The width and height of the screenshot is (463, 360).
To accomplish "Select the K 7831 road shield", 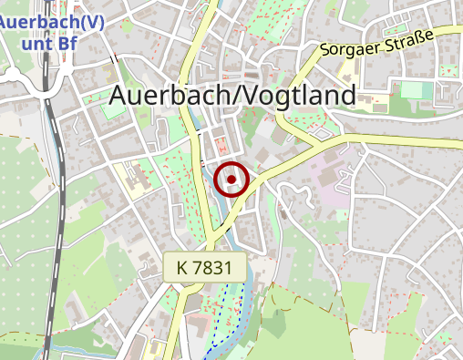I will coord(206,267).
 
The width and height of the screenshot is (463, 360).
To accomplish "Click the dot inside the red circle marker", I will coord(232,180).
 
